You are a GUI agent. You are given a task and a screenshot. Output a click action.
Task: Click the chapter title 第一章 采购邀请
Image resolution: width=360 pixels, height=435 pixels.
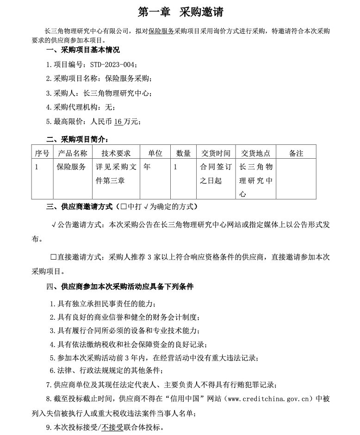(x=180, y=12)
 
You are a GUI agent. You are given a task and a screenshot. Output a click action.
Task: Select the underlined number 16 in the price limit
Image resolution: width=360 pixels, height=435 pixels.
(x=118, y=121)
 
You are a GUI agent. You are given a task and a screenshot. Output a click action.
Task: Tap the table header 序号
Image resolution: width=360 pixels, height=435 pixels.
(x=42, y=153)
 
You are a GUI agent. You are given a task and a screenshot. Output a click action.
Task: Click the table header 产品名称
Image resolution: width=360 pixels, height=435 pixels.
(x=72, y=153)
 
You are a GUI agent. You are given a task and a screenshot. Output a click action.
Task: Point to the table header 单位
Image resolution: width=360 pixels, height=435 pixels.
(x=155, y=153)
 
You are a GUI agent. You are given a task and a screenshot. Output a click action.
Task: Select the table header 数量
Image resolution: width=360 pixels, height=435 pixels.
(x=183, y=153)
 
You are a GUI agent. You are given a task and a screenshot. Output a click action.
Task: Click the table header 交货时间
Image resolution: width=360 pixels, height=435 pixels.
(x=215, y=153)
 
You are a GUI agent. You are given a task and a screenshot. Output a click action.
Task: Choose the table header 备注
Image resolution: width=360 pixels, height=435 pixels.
(x=296, y=153)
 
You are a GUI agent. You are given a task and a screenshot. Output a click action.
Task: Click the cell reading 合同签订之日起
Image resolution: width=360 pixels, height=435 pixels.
(x=215, y=174)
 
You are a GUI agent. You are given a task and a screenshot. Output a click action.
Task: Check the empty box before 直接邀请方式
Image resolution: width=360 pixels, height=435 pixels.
(x=53, y=257)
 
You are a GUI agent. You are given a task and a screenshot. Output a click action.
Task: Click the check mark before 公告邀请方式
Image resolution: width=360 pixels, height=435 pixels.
(x=54, y=225)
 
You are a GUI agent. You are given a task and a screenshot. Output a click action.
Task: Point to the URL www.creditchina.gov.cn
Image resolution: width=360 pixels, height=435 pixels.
(x=267, y=398)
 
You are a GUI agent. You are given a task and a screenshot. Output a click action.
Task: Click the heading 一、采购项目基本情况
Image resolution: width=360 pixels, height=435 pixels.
(x=83, y=50)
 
